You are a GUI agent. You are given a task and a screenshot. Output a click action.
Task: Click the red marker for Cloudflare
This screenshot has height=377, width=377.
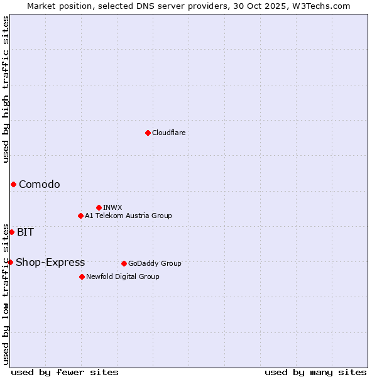[x=148, y=133]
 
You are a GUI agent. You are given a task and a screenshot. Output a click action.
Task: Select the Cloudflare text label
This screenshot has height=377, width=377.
[x=169, y=133]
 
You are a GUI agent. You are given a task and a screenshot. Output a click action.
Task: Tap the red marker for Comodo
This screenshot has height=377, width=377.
[x=13, y=184]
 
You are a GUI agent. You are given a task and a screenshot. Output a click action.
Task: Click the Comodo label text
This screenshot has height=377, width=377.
[x=40, y=184]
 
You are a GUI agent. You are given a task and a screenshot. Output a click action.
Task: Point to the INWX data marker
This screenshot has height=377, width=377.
[x=99, y=207]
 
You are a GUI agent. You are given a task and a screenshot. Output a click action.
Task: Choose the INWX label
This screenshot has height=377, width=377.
[x=112, y=207]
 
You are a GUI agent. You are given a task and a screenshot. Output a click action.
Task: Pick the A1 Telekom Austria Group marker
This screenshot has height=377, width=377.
[x=80, y=216]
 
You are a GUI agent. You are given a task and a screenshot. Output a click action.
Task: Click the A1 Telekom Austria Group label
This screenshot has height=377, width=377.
[x=128, y=216]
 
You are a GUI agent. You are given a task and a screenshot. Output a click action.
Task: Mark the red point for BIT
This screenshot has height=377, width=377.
[x=11, y=232]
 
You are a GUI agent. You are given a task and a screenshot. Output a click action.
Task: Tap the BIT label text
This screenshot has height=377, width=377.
[x=25, y=232]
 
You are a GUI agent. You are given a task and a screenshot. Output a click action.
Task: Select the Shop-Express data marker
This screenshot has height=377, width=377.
[x=10, y=262]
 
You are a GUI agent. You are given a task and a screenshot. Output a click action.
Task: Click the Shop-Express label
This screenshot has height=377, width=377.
[x=50, y=262]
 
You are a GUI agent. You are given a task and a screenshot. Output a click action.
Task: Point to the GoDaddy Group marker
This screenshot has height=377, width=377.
[x=124, y=263]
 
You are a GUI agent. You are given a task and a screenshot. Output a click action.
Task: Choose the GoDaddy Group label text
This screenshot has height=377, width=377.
[x=155, y=263]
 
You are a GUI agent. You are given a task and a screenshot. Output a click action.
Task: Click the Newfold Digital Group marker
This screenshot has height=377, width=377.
[x=82, y=276]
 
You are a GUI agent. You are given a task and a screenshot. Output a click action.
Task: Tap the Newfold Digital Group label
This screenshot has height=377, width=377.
[x=123, y=276]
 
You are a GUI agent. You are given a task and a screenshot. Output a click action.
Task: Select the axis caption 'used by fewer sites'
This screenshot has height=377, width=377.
[x=65, y=372]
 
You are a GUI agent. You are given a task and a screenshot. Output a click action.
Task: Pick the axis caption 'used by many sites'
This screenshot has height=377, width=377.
[x=315, y=372]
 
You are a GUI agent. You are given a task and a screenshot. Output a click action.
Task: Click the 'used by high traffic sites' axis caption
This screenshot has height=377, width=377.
[x=6, y=89]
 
